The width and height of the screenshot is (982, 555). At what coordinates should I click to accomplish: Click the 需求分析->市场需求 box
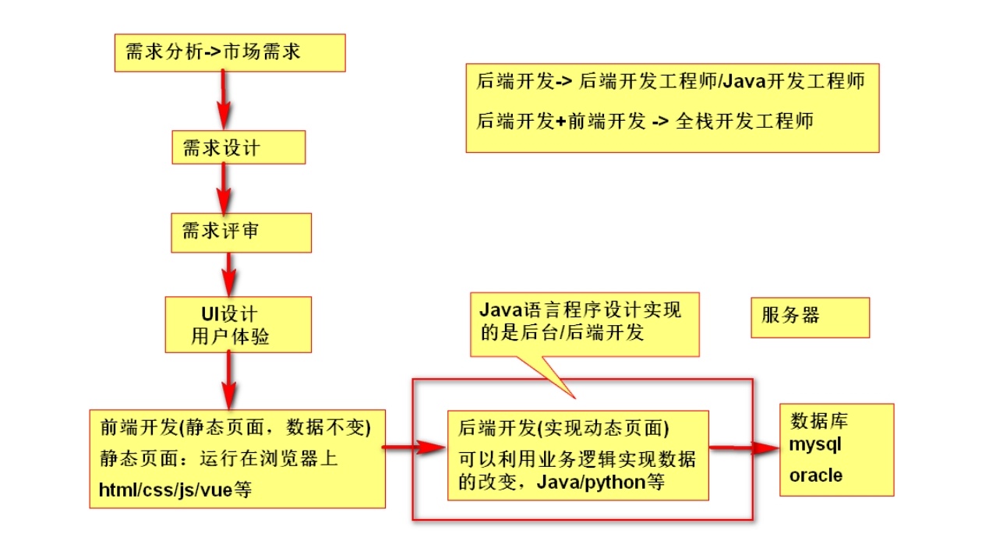pos(229,53)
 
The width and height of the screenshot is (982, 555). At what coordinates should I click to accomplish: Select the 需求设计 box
pos(238,147)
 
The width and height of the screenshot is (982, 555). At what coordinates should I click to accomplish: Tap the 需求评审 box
pos(241,232)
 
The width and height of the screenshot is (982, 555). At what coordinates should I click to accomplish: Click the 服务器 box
pos(810,317)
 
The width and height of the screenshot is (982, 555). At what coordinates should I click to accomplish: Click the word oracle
pos(816,475)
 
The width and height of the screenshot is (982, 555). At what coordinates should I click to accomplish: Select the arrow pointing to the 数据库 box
pos(744,447)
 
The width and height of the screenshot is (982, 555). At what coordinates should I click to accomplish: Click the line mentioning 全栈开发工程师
pos(645,122)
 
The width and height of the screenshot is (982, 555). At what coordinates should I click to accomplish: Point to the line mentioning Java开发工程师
pos(670,80)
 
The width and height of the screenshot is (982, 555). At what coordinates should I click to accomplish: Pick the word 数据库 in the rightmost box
pos(819,422)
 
